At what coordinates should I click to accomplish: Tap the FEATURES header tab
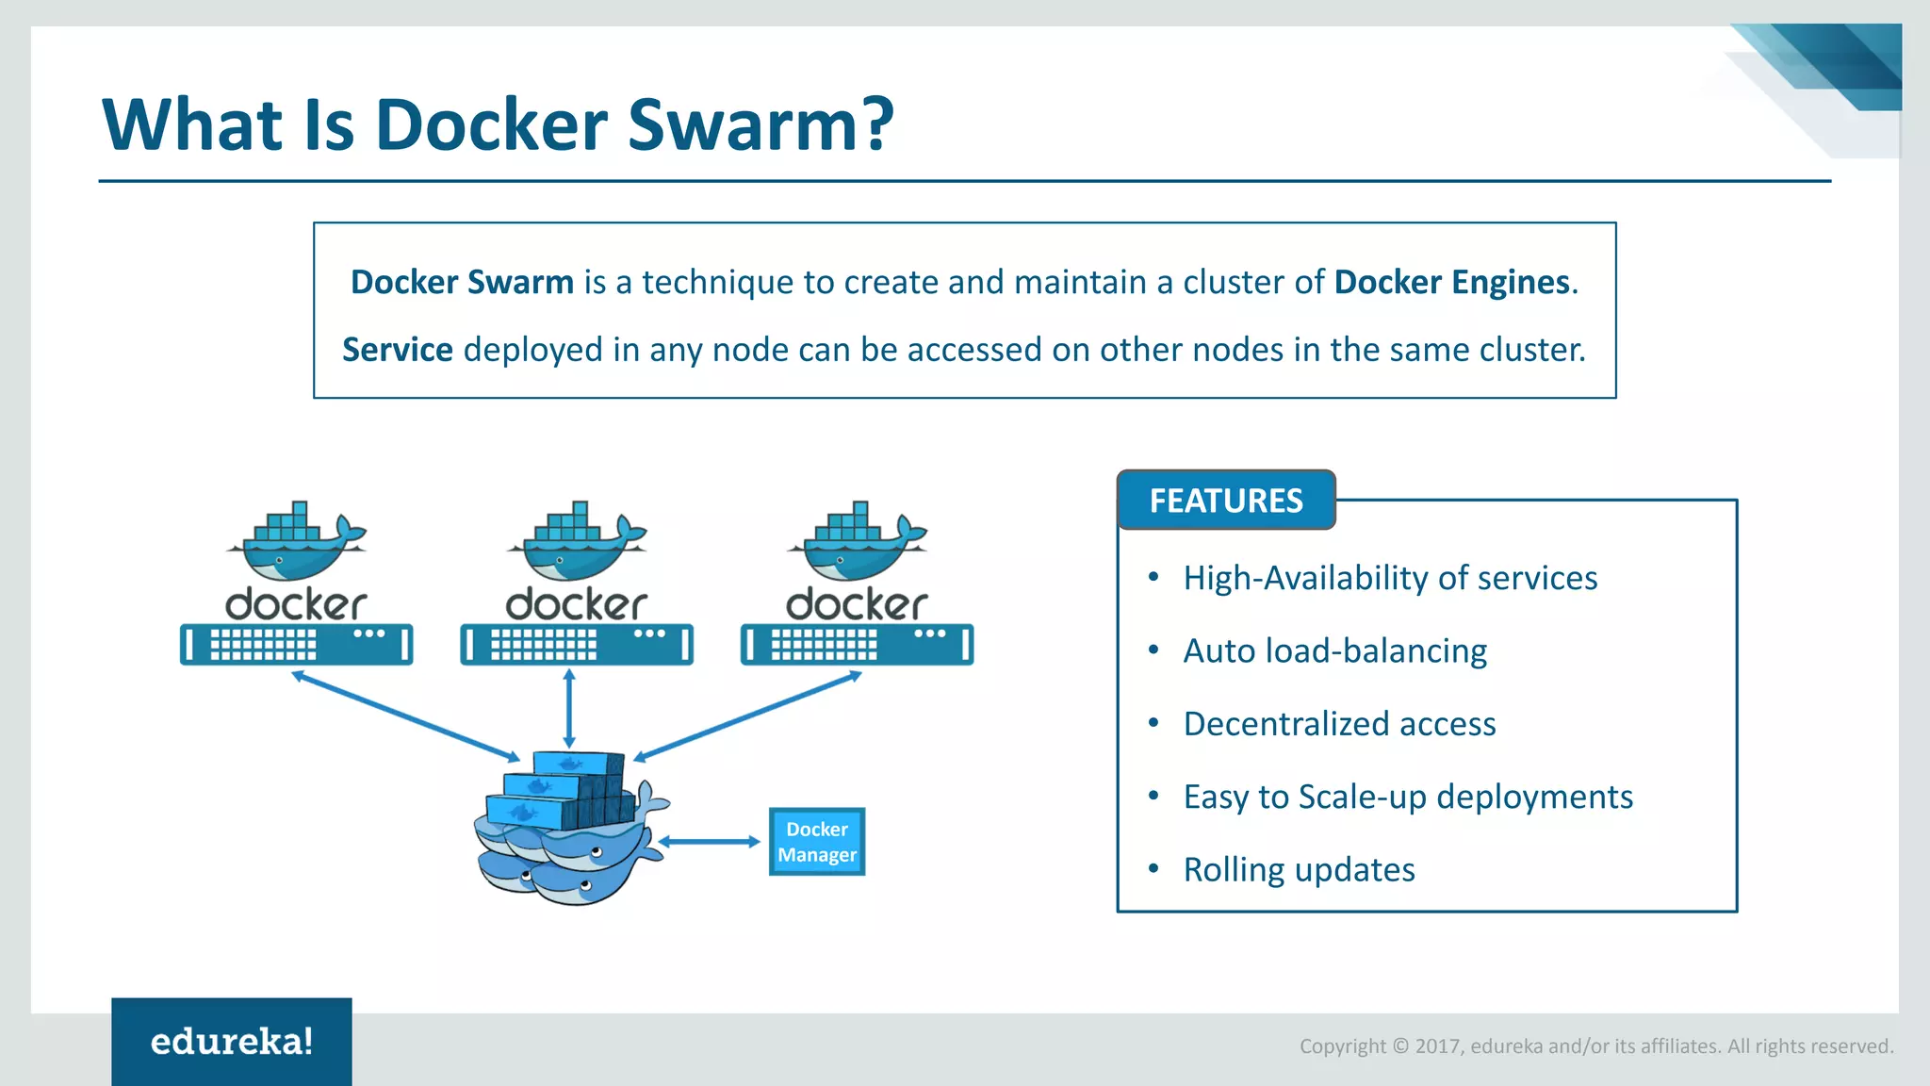pos(1225,501)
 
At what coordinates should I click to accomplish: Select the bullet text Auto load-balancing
pos(1334,650)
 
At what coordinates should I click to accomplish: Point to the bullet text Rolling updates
pos(1299,869)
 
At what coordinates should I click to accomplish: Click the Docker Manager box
pos(817,842)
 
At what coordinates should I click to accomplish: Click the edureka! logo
pos(232,1042)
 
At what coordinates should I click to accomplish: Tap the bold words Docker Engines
pos(1451,282)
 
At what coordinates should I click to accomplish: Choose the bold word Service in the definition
pos(397,350)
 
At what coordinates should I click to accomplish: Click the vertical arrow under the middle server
pos(568,709)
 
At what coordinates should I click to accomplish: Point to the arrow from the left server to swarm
pos(405,716)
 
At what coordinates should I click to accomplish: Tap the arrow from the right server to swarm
pos(747,716)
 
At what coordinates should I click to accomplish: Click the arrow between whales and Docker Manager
pos(709,842)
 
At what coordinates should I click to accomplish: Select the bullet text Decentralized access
pos(1339,724)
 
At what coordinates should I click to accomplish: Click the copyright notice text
pos(1595,1046)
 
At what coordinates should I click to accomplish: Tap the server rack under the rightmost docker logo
pos(857,646)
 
